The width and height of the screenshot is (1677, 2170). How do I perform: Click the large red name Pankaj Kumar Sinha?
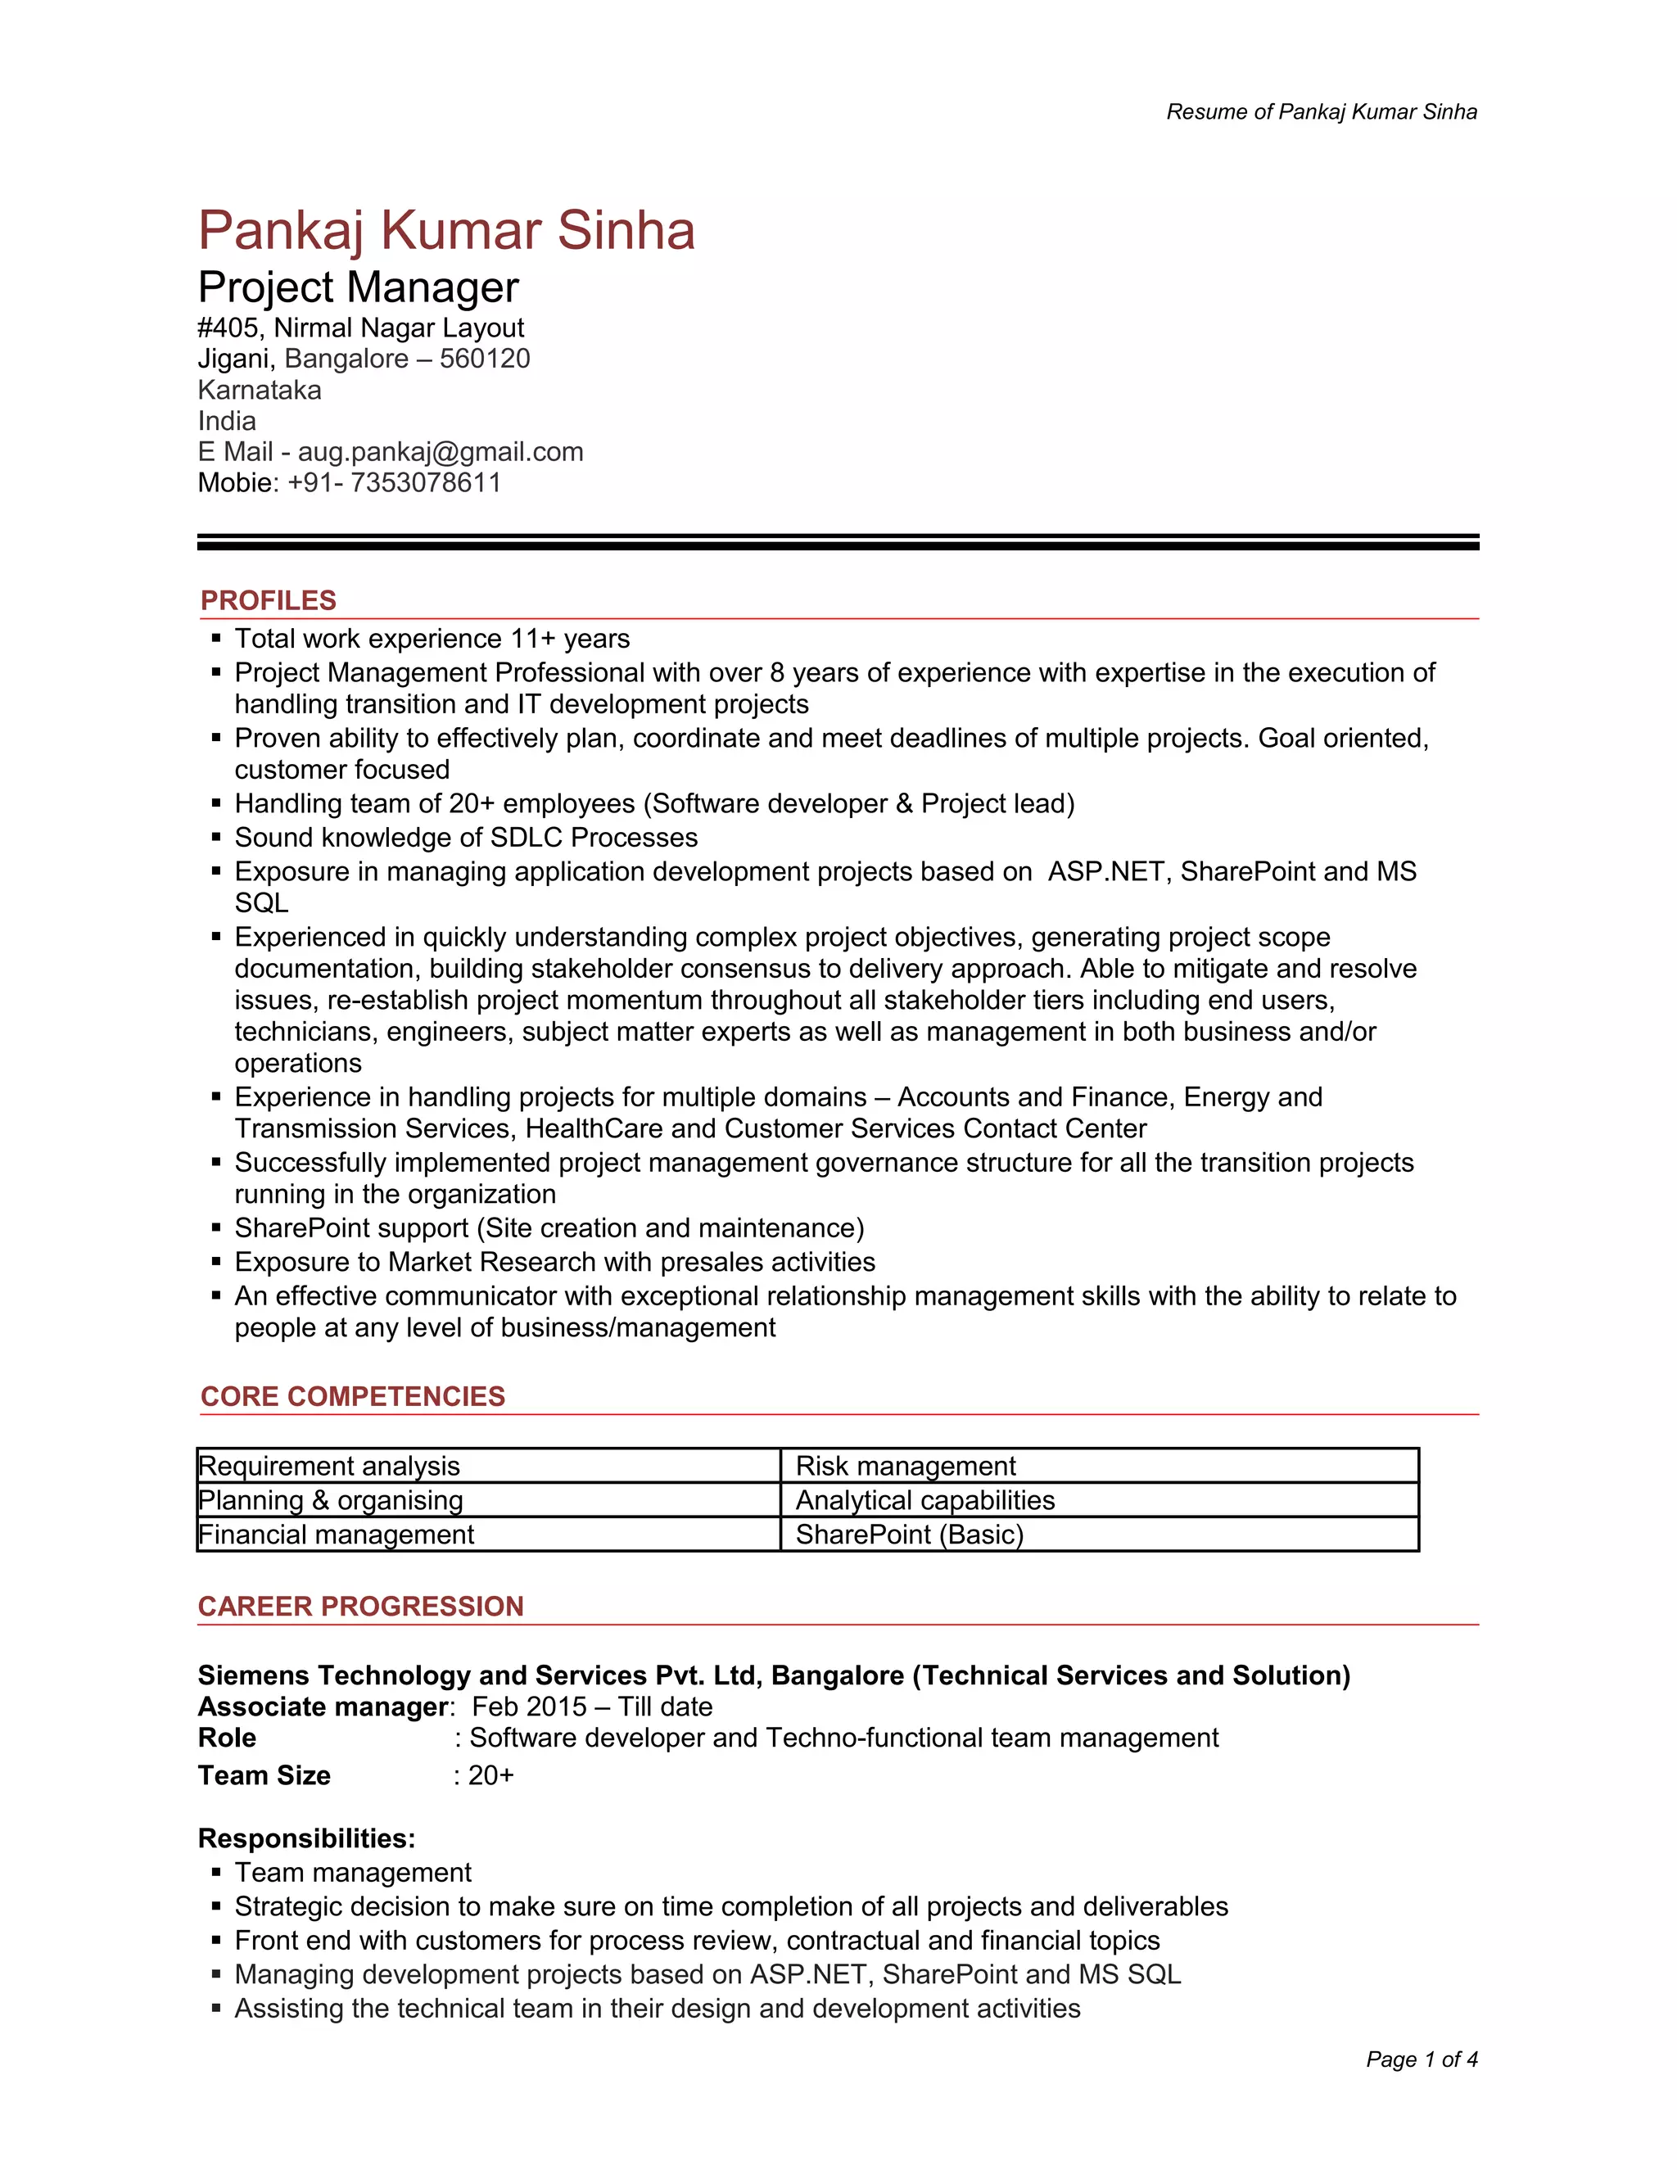click(x=446, y=231)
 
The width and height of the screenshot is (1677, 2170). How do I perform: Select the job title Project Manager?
click(x=358, y=288)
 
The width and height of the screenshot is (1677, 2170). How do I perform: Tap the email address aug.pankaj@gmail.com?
click(x=440, y=452)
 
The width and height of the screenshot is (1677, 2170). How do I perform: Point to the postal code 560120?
click(x=485, y=359)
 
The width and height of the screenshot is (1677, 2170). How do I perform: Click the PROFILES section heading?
click(x=269, y=600)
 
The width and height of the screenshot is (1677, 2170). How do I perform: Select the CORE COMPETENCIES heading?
click(x=353, y=1396)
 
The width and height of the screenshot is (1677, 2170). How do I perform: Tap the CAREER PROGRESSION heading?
click(x=359, y=1607)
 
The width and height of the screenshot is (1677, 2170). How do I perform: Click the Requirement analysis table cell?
click(x=329, y=1467)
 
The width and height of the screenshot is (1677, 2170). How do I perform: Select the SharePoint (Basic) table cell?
click(x=909, y=1535)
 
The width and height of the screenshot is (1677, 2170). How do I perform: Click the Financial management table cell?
click(x=336, y=1535)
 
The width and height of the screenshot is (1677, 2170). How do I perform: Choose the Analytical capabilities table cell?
click(x=925, y=1500)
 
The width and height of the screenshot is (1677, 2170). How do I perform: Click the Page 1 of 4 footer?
click(x=1422, y=2059)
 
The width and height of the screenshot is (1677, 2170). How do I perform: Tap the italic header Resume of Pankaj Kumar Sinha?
click(x=1322, y=112)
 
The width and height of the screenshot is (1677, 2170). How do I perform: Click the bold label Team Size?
click(x=264, y=1775)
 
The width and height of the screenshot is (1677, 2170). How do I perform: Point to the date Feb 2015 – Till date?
click(x=592, y=1707)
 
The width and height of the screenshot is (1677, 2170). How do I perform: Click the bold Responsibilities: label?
click(x=306, y=1838)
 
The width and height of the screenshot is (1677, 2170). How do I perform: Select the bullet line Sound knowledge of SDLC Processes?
click(x=466, y=838)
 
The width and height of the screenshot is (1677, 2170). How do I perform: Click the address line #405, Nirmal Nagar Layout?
click(x=360, y=328)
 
